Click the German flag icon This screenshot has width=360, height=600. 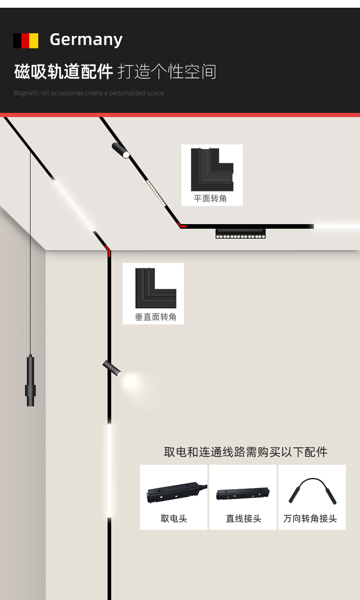[x=26, y=41]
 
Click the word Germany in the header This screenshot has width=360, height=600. [x=86, y=40]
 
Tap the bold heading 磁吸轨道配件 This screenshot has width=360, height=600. [x=63, y=72]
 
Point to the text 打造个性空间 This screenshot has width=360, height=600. [x=167, y=72]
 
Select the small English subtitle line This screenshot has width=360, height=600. [x=88, y=93]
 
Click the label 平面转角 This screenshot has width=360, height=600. [x=210, y=199]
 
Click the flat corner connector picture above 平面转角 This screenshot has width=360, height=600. [x=212, y=169]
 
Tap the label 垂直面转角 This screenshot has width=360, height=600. [x=155, y=317]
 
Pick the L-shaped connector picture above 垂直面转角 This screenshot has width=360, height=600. [x=155, y=287]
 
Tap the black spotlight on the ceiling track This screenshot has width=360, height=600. [x=120, y=150]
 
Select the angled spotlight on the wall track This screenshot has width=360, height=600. [x=112, y=368]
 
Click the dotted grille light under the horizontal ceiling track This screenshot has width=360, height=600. [x=240, y=234]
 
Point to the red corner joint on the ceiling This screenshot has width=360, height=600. [x=181, y=225]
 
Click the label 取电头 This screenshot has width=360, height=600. [x=174, y=518]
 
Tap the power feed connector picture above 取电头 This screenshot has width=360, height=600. [x=174, y=492]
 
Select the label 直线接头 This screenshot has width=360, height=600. [x=243, y=518]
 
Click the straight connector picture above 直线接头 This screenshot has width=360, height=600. [x=243, y=493]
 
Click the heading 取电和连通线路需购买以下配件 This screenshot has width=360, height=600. [x=245, y=452]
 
